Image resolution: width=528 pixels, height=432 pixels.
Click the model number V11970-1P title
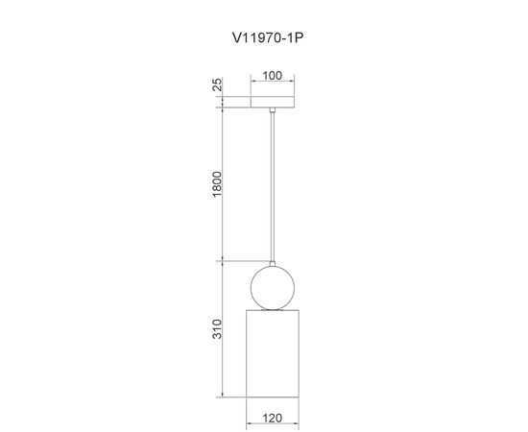(268, 37)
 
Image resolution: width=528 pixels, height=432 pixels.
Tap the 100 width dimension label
(272, 76)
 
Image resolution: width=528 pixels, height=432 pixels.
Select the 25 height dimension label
(218, 84)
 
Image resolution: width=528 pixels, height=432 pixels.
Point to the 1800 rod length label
(218, 184)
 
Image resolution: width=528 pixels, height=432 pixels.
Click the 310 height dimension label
(218, 329)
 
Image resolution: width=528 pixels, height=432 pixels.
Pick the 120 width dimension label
(272, 419)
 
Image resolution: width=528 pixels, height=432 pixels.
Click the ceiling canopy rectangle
(273, 102)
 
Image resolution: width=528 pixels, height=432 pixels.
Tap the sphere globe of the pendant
(273, 288)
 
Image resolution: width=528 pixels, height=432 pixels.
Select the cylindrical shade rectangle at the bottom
(273, 353)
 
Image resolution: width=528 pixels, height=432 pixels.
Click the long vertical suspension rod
(273, 186)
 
